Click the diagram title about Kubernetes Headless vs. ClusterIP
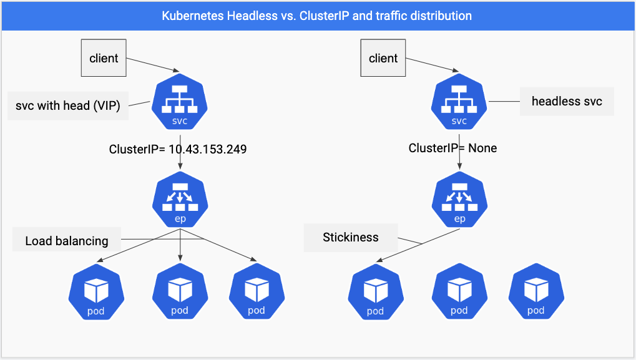(x=317, y=16)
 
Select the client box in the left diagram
(x=104, y=59)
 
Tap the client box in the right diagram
(x=383, y=59)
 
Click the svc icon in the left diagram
(x=180, y=102)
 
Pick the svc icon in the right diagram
(x=459, y=102)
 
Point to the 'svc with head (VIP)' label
(x=68, y=105)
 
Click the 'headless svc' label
(x=567, y=101)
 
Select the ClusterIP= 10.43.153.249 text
(x=178, y=150)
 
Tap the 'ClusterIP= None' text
(x=453, y=148)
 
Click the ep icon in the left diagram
(x=180, y=199)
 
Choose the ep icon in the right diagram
(x=459, y=199)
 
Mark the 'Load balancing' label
(x=67, y=241)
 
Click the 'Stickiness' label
(x=350, y=238)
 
